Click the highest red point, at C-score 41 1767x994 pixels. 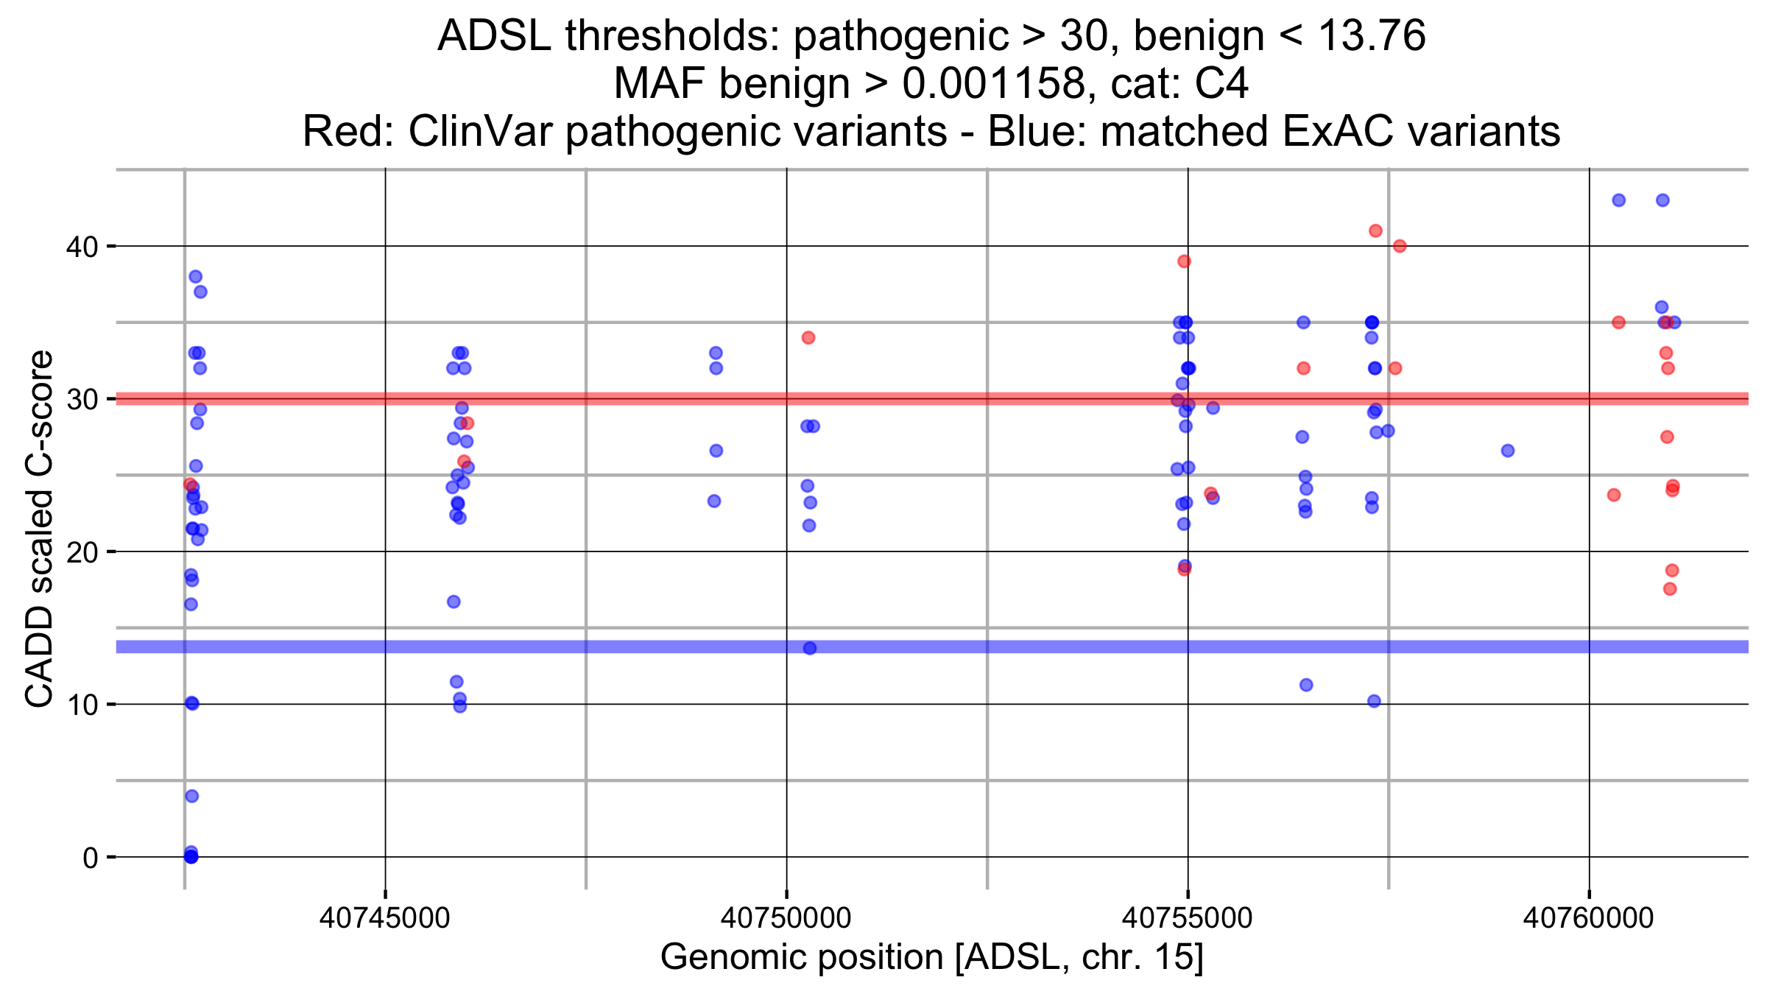pos(1375,230)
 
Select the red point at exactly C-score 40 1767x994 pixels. pos(1400,246)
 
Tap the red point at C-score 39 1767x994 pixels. pos(1184,261)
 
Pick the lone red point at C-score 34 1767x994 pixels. pos(808,338)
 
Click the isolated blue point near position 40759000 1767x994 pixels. pos(1508,451)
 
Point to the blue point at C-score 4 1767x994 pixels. pos(191,796)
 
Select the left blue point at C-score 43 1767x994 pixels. pos(1618,200)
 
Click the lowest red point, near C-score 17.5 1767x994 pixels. pos(1670,589)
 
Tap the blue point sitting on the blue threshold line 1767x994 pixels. pos(810,648)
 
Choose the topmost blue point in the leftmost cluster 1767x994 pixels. pos(195,277)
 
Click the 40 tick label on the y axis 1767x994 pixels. pos(82,247)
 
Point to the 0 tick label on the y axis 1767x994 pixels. pos(90,858)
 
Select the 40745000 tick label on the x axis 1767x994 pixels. pos(384,918)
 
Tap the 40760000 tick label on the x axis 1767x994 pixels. pos(1588,918)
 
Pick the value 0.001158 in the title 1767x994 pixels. pos(994,83)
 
